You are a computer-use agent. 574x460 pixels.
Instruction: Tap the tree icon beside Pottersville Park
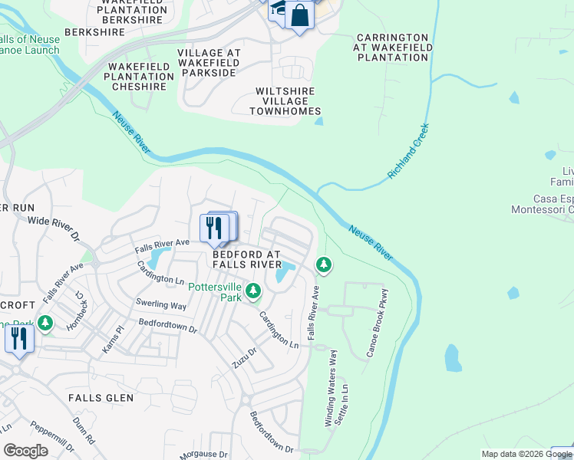253,291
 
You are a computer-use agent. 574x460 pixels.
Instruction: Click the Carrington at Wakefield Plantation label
393,47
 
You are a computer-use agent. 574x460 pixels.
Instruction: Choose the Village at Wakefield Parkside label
209,63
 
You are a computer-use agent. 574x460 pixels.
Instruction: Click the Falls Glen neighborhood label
101,398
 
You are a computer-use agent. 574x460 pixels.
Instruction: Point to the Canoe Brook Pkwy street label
378,323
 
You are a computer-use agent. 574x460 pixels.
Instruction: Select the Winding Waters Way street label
331,388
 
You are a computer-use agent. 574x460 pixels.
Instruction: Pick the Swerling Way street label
161,304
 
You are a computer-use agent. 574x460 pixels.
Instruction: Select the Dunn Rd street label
84,431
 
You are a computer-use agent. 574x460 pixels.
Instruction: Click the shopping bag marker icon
300,15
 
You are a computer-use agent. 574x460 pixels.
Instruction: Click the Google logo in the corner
25,451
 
